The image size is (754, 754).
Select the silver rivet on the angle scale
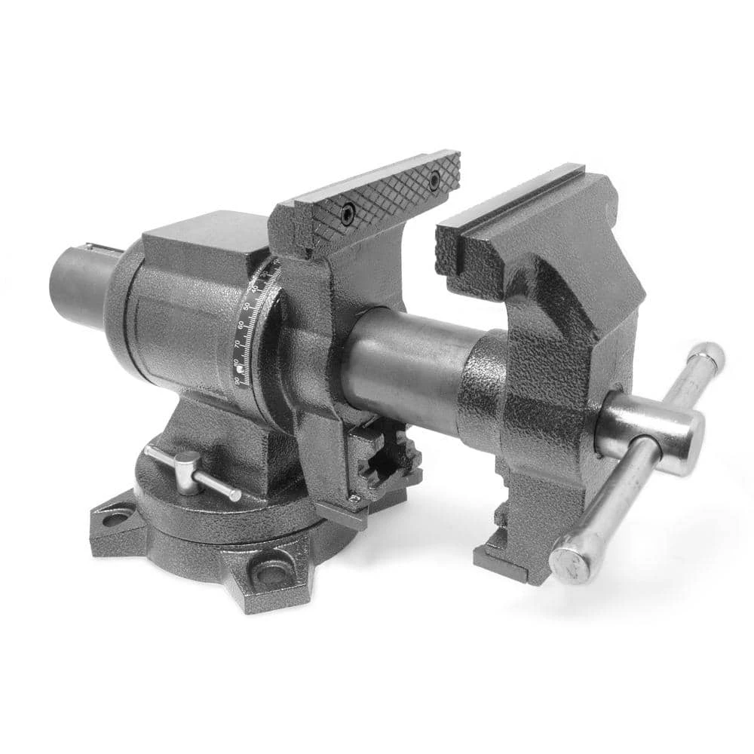click(x=240, y=369)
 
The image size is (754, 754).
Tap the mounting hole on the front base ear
click(x=269, y=571)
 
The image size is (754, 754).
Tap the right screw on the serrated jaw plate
click(x=434, y=179)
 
